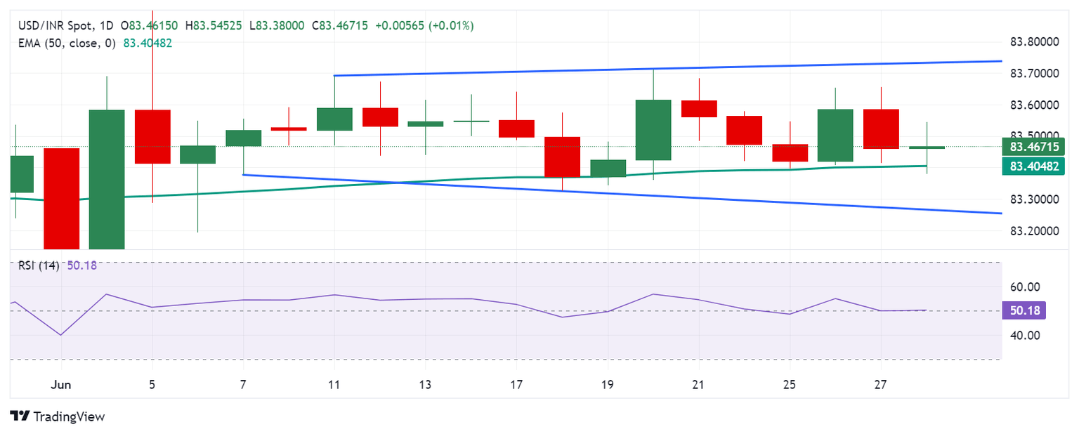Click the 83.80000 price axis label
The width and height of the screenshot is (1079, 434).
(x=1033, y=41)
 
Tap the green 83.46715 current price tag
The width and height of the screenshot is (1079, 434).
(x=1033, y=147)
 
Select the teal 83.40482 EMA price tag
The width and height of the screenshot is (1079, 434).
(x=1033, y=166)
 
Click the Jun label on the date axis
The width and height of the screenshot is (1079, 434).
(x=61, y=385)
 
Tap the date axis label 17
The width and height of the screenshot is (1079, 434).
(x=516, y=385)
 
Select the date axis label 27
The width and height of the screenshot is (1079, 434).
(x=880, y=385)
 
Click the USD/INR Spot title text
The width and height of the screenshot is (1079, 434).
(x=55, y=26)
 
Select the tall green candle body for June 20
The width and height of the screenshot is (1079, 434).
(x=653, y=130)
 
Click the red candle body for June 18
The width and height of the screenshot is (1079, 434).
(x=562, y=157)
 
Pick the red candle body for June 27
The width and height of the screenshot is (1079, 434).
(x=881, y=129)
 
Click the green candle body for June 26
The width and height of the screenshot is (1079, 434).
(x=835, y=136)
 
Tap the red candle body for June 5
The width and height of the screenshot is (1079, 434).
(x=152, y=137)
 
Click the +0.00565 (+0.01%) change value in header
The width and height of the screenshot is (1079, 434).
(x=424, y=26)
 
